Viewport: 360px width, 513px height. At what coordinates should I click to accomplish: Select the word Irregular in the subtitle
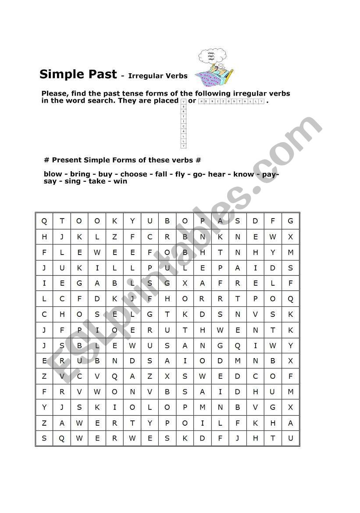[x=145, y=76]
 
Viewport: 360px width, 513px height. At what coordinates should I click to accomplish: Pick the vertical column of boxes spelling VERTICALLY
[x=184, y=123]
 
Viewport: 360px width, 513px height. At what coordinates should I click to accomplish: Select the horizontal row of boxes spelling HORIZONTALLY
[x=232, y=101]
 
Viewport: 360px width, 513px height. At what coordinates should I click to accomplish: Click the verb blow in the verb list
[x=53, y=174]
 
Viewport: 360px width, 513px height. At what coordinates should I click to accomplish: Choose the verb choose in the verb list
[x=134, y=174]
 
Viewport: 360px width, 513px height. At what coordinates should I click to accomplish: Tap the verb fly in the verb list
[x=180, y=174]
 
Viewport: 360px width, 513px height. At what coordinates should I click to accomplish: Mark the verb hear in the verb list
[x=217, y=174]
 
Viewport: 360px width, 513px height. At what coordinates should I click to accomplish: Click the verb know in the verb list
[x=243, y=174]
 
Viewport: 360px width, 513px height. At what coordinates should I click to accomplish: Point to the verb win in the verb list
[x=120, y=181]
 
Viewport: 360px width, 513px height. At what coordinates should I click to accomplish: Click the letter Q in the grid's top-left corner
[x=44, y=221]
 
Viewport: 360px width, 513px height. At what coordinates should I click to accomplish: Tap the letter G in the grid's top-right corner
[x=290, y=221]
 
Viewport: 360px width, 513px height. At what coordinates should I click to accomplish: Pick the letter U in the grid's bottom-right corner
[x=290, y=438]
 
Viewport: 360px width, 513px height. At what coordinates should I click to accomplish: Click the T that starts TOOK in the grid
[x=62, y=221]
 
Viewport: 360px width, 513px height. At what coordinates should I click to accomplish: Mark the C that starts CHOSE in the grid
[x=44, y=315]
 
